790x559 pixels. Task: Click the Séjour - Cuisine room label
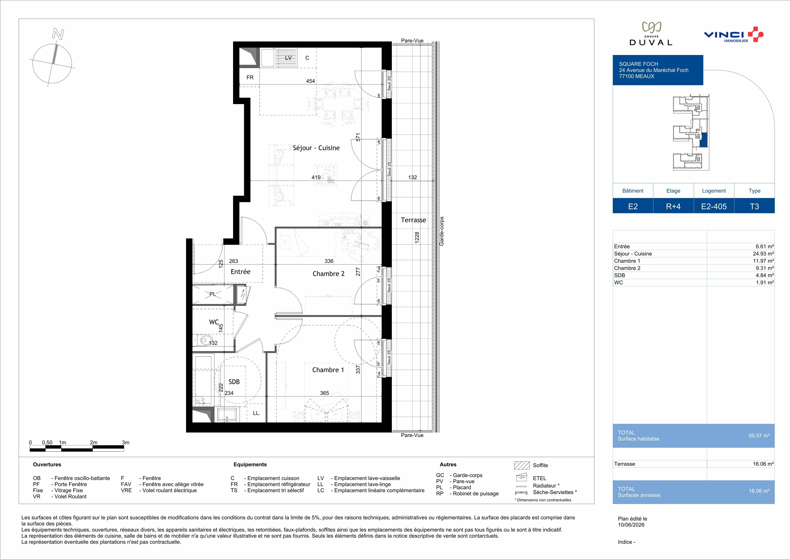[316, 148]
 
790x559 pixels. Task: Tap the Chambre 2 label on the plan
[328, 274]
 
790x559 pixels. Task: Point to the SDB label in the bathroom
[234, 382]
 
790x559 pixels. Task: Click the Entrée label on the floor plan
[240, 272]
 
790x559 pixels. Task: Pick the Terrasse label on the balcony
[413, 220]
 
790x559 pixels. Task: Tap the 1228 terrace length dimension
[417, 238]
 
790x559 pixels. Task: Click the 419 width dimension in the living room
[316, 178]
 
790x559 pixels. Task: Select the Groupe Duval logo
[651, 34]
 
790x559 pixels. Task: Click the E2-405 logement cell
[714, 206]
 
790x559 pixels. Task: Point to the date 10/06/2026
[631, 525]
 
